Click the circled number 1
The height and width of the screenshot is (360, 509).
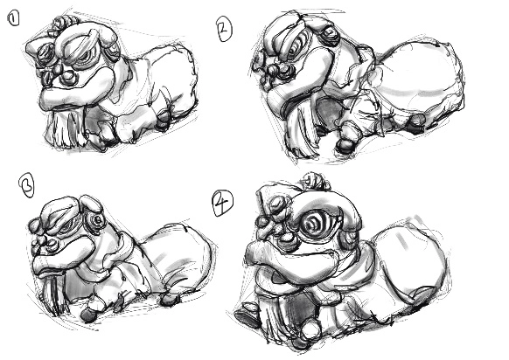click(13, 18)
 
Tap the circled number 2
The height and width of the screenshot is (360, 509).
click(224, 30)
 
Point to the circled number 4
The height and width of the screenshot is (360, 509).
click(222, 204)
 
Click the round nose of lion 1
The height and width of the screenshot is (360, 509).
click(68, 77)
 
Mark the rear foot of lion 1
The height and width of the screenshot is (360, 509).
click(164, 121)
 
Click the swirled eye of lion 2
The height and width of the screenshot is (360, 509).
click(295, 49)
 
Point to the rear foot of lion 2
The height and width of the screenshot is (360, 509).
click(415, 123)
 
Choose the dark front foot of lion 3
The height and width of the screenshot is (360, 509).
click(87, 315)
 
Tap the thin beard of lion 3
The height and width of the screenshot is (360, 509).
click(52, 295)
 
